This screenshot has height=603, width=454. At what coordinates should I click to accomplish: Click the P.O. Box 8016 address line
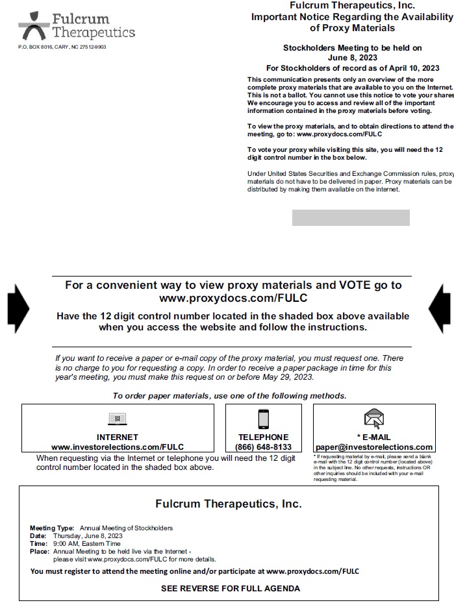(x=62, y=47)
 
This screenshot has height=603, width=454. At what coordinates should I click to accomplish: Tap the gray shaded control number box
(x=351, y=217)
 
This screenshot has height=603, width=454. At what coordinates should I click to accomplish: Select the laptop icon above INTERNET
(x=118, y=419)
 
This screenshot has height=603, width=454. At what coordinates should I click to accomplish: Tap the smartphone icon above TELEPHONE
(x=264, y=419)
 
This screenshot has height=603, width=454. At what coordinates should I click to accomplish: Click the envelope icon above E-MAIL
(x=374, y=419)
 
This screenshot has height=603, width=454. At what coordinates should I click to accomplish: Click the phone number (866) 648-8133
(x=264, y=447)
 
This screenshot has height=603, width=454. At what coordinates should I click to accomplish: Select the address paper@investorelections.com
(x=374, y=447)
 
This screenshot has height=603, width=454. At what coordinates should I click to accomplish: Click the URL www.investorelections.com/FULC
(x=118, y=447)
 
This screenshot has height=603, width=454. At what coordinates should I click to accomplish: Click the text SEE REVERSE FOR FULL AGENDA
(x=231, y=589)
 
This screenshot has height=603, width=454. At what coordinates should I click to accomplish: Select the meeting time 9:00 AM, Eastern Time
(x=86, y=544)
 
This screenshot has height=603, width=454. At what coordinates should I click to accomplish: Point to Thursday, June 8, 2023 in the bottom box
(x=88, y=536)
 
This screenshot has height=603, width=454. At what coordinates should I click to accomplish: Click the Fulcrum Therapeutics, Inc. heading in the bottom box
(x=229, y=504)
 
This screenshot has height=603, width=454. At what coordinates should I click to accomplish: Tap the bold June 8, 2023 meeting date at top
(x=352, y=57)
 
